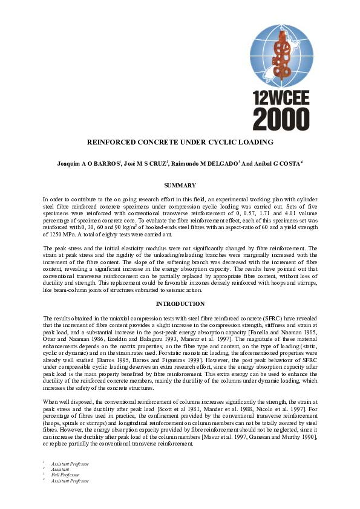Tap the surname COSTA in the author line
(288, 164)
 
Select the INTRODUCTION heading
(180, 303)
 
